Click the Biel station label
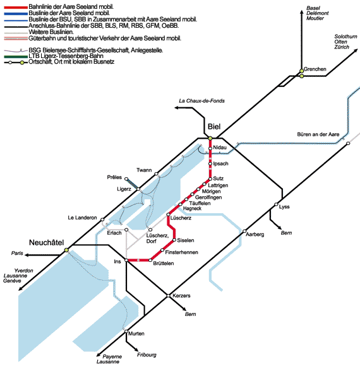pyautogui.click(x=214, y=127)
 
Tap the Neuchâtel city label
pyautogui.click(x=46, y=243)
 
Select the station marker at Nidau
pyautogui.click(x=210, y=148)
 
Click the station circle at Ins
pyautogui.click(x=126, y=261)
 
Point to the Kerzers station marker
pyautogui.click(x=168, y=296)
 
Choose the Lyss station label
pyautogui.click(x=284, y=207)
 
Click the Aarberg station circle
pyautogui.click(x=244, y=231)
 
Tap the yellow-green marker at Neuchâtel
pyautogui.click(x=66, y=250)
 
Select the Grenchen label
pyautogui.click(x=315, y=69)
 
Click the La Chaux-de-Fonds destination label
pyautogui.click(x=201, y=101)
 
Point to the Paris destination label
pyautogui.click(x=17, y=253)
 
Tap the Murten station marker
pyautogui.click(x=126, y=331)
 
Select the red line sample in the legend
pyautogui.click(x=16, y=8)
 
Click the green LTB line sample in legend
pyautogui.click(x=16, y=57)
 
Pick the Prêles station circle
pyautogui.click(x=126, y=179)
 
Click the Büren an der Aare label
pyautogui.click(x=318, y=134)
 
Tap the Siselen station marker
pyautogui.click(x=174, y=240)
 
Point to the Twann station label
pyautogui.click(x=144, y=170)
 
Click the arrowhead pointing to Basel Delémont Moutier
pyautogui.click(x=301, y=12)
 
